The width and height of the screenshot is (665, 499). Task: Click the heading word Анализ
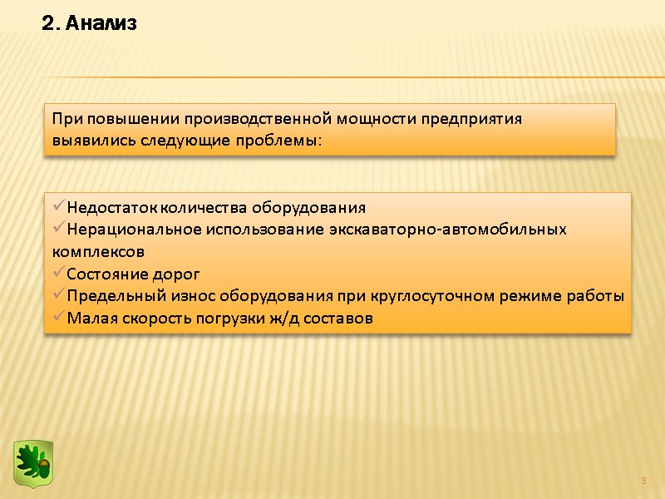[x=101, y=25]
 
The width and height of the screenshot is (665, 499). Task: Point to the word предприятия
[x=471, y=118]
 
